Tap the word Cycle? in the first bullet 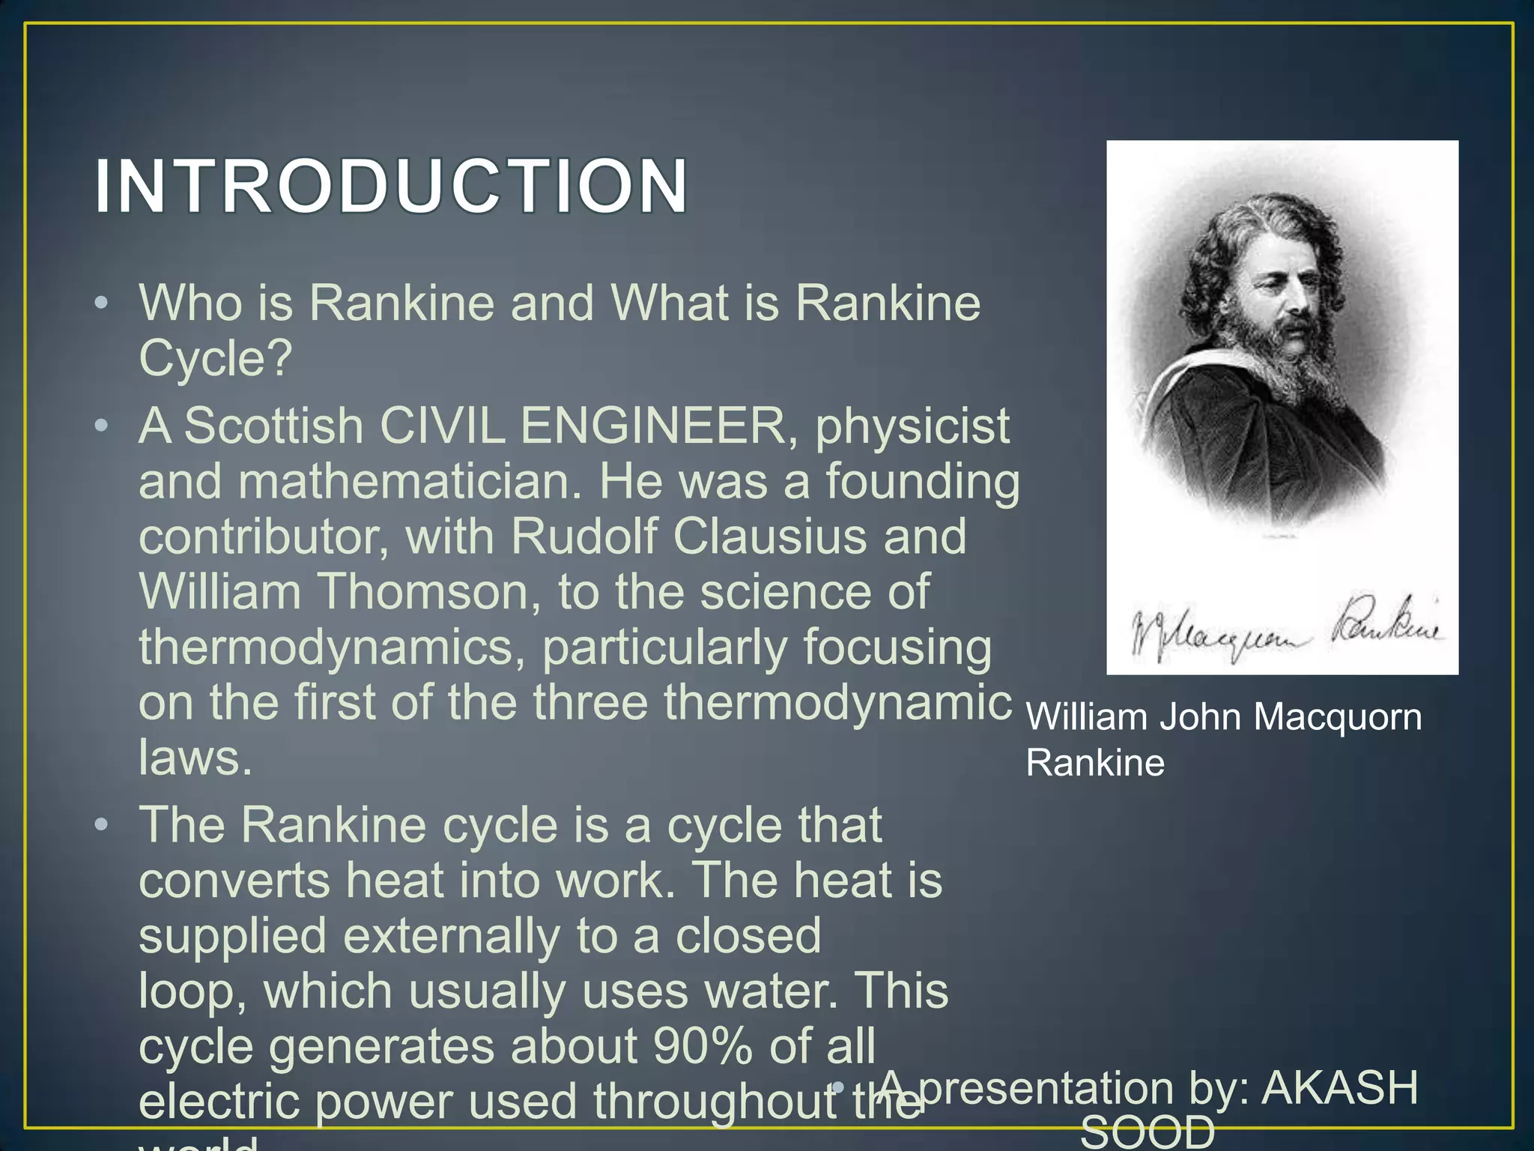coord(215,358)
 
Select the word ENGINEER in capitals coord(652,426)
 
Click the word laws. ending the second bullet coord(195,758)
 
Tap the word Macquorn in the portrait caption coord(1337,717)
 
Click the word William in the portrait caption coord(1086,717)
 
